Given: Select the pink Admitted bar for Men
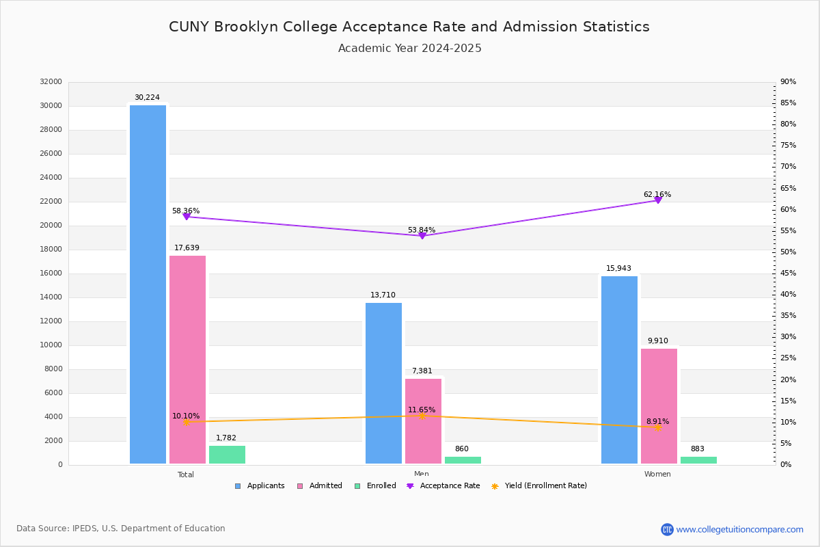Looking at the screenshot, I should (x=423, y=421).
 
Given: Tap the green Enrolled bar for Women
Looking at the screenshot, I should (x=698, y=460).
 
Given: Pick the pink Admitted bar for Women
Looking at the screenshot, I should (x=659, y=406).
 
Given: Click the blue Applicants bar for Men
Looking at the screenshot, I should (x=383, y=383).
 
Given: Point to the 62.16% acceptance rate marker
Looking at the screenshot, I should (x=658, y=200).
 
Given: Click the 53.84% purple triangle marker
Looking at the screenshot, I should (x=422, y=235).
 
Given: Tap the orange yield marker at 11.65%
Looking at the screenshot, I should (x=422, y=416).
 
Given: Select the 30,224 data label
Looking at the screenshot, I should (x=147, y=98).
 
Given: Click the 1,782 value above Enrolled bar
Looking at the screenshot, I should (x=226, y=438).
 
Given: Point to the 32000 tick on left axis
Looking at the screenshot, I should (x=51, y=82).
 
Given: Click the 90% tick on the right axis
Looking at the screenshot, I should (x=788, y=82).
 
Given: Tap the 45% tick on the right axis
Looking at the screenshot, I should (x=788, y=273).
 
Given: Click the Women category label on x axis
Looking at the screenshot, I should (x=657, y=475).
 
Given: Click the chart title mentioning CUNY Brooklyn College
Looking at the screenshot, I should (x=409, y=27).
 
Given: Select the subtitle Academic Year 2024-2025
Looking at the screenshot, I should (x=409, y=49).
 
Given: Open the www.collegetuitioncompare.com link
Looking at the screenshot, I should (x=739, y=529).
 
